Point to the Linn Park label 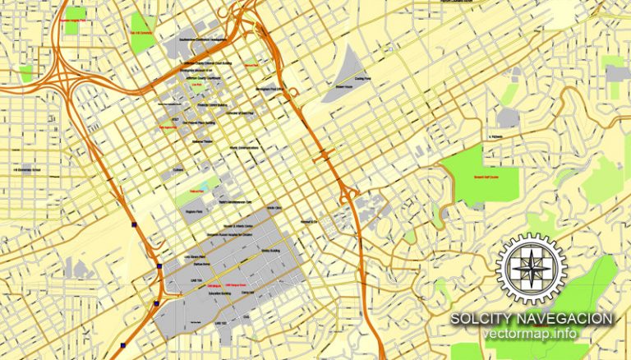point(196,85)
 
